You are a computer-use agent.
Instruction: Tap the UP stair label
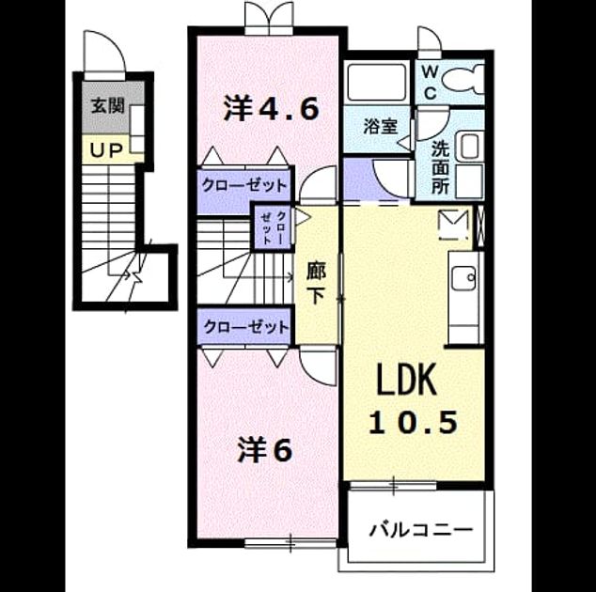point(106,151)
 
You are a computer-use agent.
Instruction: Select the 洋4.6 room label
point(271,109)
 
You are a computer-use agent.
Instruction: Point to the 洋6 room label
point(264,450)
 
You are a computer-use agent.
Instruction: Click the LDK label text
point(406,380)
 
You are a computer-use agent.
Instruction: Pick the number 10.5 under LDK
point(414,423)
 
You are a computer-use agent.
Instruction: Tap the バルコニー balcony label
point(421,529)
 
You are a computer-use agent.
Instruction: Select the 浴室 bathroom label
point(381,126)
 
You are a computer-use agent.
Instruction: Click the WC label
point(430,82)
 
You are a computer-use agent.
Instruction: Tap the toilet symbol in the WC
point(463,79)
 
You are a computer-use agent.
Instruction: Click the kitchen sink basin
point(463,278)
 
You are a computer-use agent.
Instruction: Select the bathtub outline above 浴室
point(376,83)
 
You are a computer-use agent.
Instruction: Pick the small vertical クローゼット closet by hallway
point(273,227)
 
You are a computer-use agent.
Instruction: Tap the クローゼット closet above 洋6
point(243,326)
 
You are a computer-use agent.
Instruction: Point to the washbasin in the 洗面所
point(469,146)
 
